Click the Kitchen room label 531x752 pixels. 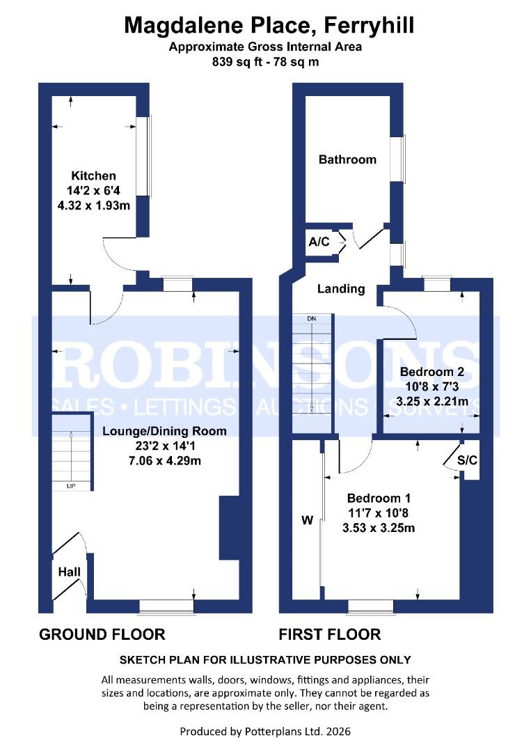click(93, 175)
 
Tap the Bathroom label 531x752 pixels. click(347, 159)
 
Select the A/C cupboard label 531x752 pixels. click(319, 242)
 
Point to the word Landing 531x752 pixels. click(341, 288)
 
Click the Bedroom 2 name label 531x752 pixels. click(427, 372)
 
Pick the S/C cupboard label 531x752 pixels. click(468, 460)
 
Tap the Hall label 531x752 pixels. click(70, 572)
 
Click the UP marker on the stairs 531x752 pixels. click(71, 486)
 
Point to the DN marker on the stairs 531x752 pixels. click(312, 319)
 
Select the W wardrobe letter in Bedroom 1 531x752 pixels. click(306, 519)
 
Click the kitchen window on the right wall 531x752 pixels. click(142, 156)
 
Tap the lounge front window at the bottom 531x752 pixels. click(166, 607)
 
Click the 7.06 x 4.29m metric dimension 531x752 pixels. click(164, 462)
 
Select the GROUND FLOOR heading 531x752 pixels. click(102, 634)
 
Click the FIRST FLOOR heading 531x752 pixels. click(330, 634)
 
